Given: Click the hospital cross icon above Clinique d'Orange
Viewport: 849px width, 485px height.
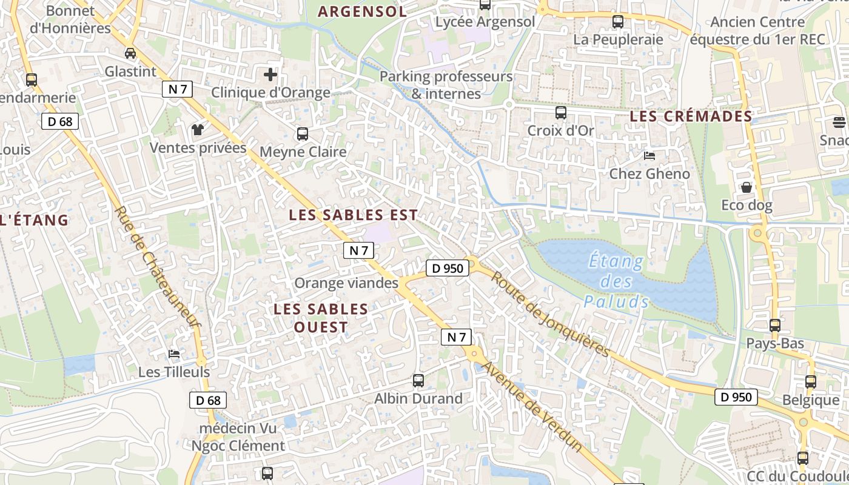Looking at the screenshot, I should click(x=270, y=75).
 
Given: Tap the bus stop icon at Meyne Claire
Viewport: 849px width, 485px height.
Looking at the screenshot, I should click(x=302, y=134).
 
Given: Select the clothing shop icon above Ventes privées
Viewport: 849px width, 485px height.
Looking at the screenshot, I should click(x=198, y=129).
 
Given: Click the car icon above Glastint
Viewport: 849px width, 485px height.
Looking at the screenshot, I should click(x=130, y=53).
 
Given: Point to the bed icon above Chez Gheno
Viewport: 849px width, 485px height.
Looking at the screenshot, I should click(x=649, y=156).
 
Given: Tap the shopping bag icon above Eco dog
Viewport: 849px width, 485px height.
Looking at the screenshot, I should click(x=747, y=187).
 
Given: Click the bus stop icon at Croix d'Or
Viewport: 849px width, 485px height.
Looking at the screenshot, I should click(x=560, y=112).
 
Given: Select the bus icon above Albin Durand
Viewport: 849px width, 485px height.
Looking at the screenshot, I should click(x=418, y=381).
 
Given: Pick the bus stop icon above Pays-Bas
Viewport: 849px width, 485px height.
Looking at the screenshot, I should click(x=775, y=326).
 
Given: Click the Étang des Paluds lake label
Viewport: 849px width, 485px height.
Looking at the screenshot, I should click(x=616, y=281).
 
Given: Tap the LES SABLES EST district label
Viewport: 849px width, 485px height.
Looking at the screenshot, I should click(x=353, y=215).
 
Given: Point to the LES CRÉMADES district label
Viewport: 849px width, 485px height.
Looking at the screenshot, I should click(x=691, y=116).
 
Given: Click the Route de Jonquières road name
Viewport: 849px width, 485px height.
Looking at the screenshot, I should click(x=549, y=313).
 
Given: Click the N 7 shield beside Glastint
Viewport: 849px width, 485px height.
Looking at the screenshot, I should click(x=178, y=89).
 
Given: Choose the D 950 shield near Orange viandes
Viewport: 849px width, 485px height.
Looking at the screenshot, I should click(x=448, y=268).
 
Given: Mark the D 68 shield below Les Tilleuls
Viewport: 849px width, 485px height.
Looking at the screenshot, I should click(x=208, y=400).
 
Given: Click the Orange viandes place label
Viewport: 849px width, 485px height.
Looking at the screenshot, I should click(x=346, y=283).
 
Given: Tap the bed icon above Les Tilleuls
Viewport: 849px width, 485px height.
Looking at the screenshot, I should click(x=174, y=354).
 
